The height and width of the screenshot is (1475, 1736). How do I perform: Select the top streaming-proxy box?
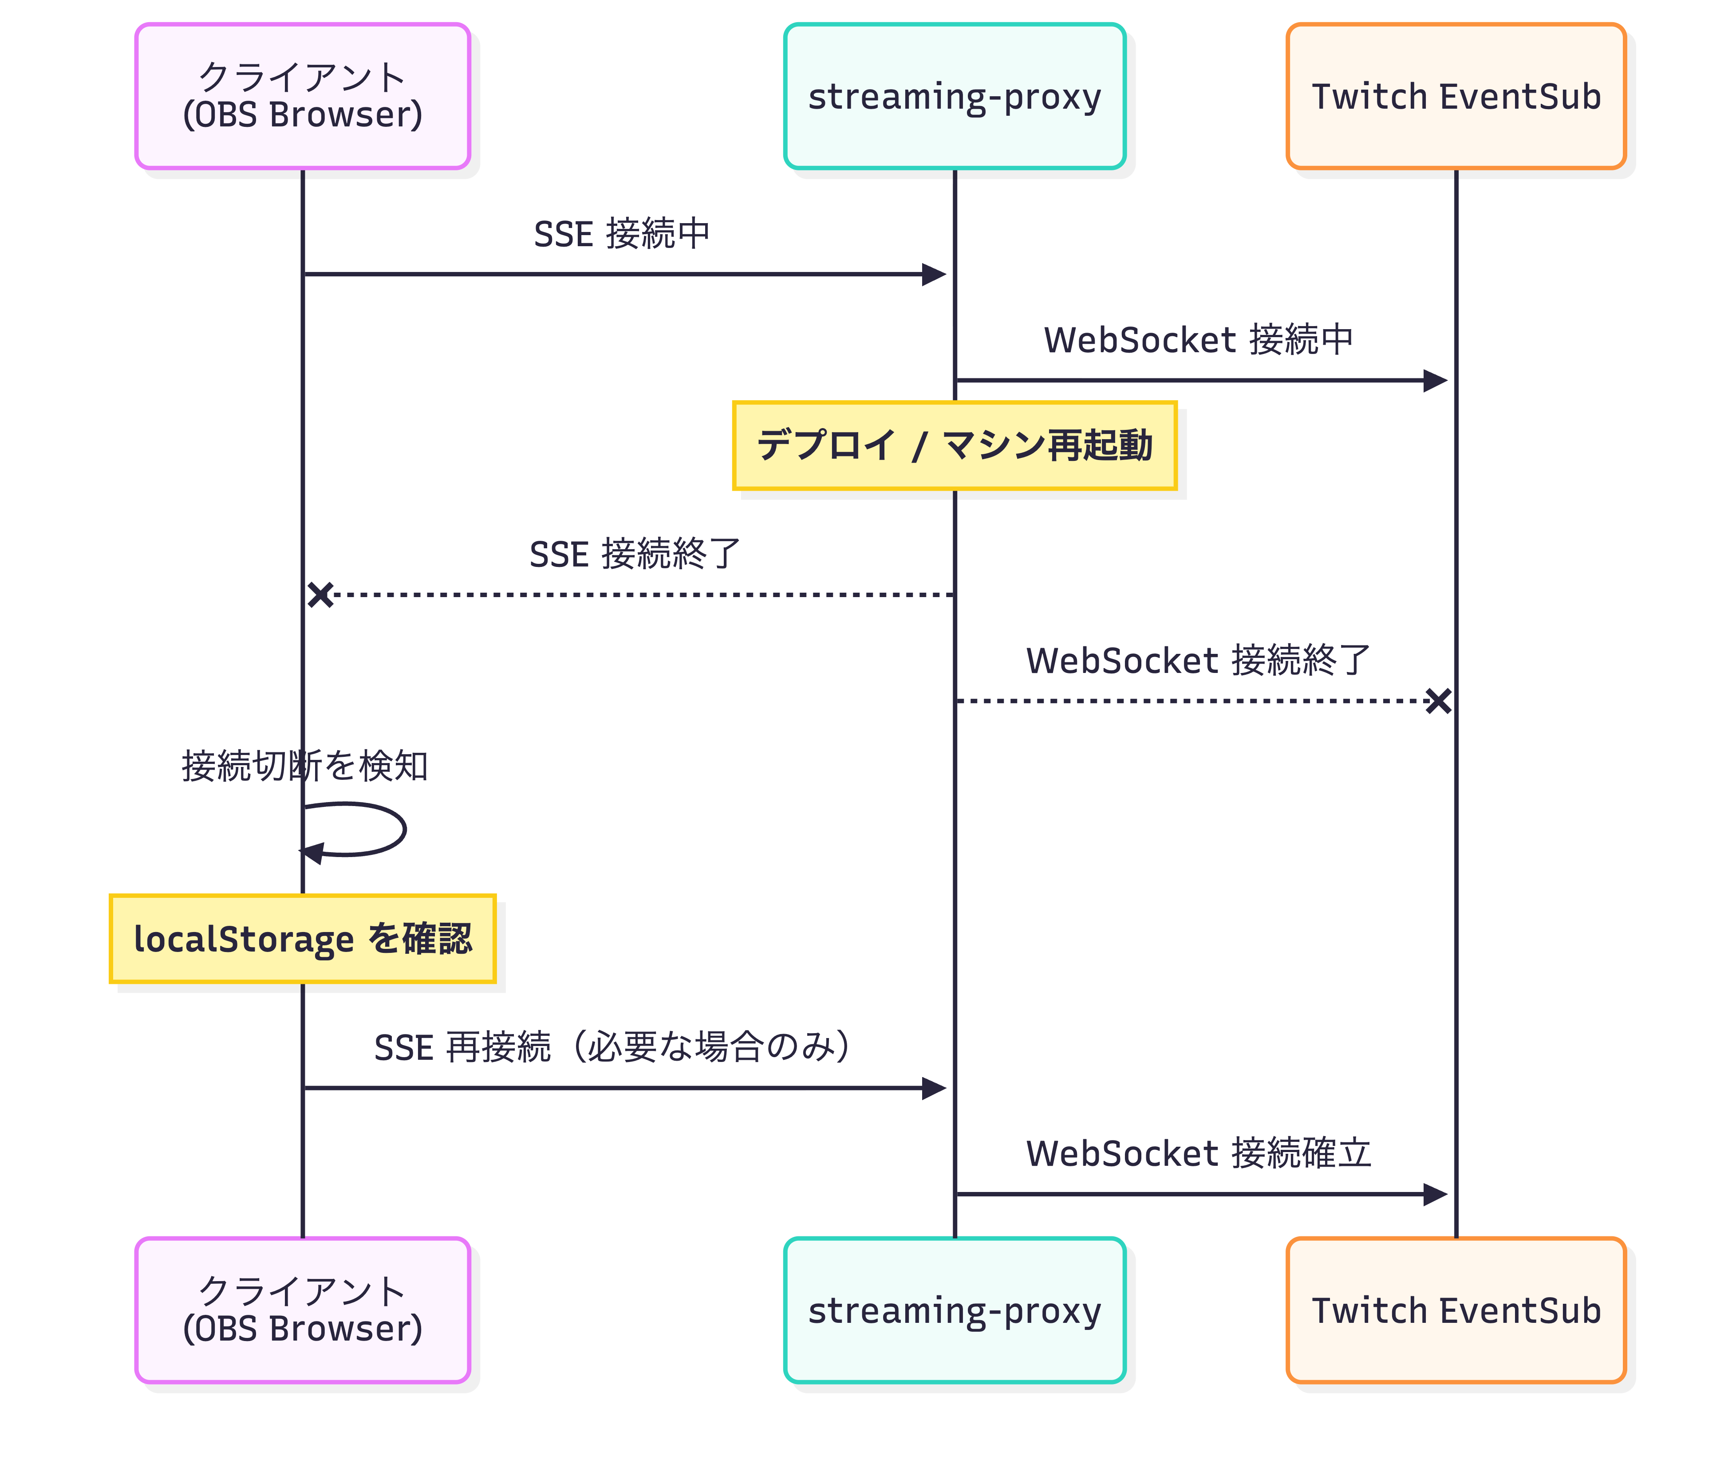point(954,96)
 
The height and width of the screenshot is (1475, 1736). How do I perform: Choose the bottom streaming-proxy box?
point(954,1310)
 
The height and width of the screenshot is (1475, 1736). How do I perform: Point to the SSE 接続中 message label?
point(621,234)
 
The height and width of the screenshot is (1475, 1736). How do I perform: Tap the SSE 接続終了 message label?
point(635,555)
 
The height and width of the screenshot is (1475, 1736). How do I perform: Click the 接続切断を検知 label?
point(304,766)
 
